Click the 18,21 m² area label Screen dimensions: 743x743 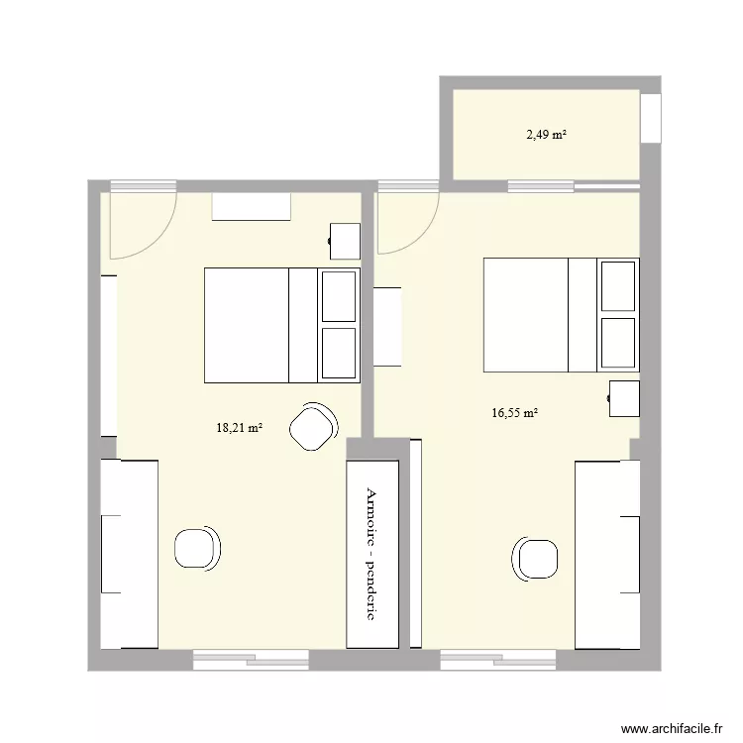(x=239, y=428)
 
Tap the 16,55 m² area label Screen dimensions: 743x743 (x=514, y=413)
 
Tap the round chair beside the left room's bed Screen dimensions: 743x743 (x=313, y=427)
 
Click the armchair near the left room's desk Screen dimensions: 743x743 (x=197, y=548)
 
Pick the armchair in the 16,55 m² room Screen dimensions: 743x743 (x=536, y=558)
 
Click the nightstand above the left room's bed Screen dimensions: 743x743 (x=344, y=242)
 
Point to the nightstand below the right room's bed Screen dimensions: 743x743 (x=623, y=398)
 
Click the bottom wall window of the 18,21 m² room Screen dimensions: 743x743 (x=250, y=658)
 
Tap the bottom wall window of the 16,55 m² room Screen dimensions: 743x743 (x=497, y=658)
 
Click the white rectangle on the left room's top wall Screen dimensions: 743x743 (x=252, y=206)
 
